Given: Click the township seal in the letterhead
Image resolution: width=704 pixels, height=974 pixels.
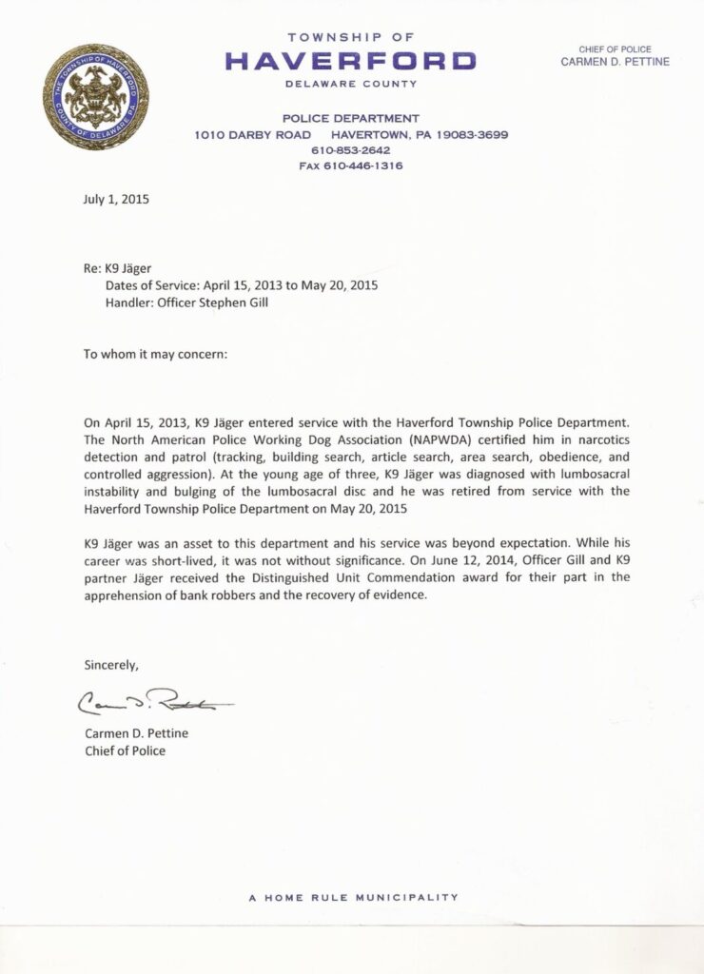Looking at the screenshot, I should pos(96,97).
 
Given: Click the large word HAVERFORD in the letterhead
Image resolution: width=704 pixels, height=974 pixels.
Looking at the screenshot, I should pos(350,62).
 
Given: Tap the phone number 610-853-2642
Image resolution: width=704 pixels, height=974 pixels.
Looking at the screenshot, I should pos(350,150).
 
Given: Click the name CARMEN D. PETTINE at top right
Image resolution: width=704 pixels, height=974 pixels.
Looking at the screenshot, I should pos(615,62).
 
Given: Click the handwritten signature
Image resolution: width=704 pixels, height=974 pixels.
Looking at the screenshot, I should pos(152,702).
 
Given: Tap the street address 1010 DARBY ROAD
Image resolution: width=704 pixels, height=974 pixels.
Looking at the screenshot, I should pos(252,135).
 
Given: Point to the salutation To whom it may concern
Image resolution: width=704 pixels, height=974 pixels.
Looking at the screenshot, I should pos(156,354).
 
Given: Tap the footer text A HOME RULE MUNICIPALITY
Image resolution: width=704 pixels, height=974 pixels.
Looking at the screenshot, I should pos(353,897).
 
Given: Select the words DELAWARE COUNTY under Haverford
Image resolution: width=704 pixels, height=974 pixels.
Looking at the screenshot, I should pos(351,84).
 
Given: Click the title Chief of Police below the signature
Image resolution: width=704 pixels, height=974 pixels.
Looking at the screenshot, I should pos(125,750).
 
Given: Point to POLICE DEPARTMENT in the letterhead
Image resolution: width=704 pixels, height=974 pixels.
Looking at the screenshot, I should pos(350,119).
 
